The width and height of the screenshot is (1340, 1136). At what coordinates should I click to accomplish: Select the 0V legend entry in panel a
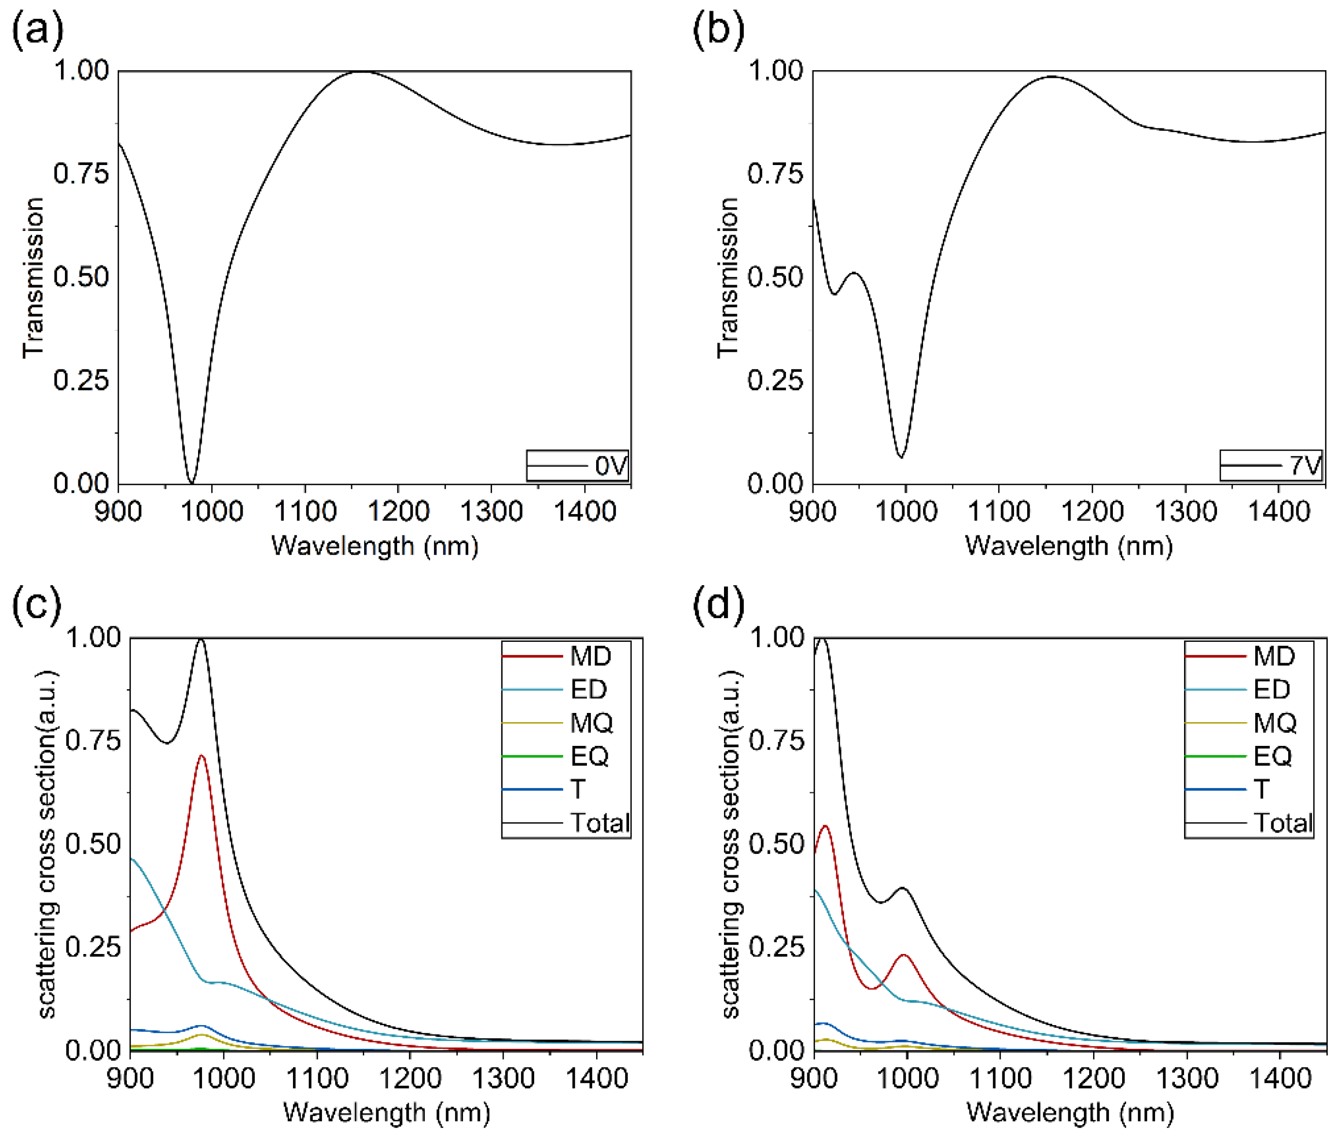[577, 466]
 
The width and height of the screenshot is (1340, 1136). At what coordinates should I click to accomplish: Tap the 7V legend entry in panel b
[1270, 466]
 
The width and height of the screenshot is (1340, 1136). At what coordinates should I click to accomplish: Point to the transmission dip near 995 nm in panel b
[901, 456]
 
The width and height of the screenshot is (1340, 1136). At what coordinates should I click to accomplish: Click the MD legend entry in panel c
[558, 656]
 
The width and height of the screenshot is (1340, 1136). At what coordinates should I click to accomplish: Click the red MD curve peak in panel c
[201, 756]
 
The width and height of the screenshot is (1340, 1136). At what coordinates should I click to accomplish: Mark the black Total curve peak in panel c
[201, 639]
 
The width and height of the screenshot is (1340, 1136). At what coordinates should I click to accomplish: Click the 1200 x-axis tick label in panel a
[398, 512]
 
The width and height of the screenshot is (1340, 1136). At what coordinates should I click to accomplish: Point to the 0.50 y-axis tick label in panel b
[775, 277]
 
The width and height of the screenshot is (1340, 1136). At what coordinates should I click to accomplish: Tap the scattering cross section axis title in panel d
[731, 844]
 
